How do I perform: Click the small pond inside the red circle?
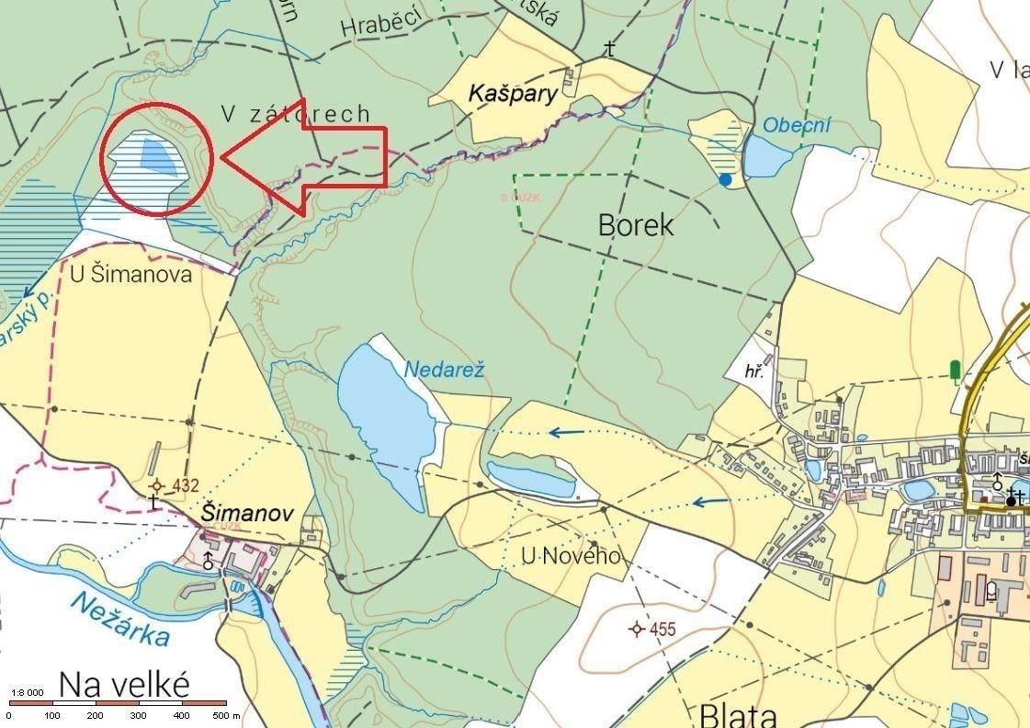click(159, 154)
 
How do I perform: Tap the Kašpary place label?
click(513, 93)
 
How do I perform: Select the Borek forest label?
click(636, 224)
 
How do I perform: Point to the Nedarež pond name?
click(444, 370)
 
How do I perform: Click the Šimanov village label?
click(247, 513)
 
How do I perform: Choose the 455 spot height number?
click(662, 630)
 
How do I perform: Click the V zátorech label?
click(296, 113)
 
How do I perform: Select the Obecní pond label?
click(797, 125)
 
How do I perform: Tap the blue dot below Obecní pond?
click(726, 180)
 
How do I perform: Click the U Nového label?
click(571, 556)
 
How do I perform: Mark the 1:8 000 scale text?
click(28, 692)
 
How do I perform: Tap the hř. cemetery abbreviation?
click(756, 372)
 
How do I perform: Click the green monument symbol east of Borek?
click(955, 371)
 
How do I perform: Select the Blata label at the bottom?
click(739, 714)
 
